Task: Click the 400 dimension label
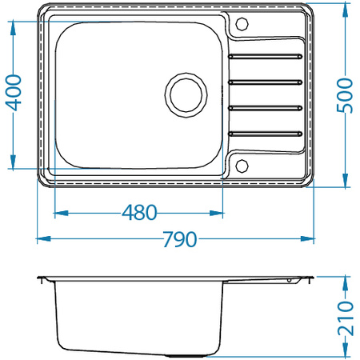pyautogui.click(x=14, y=93)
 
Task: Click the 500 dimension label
pyautogui.click(x=345, y=95)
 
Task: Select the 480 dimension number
pyautogui.click(x=139, y=213)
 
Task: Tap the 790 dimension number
pyautogui.click(x=180, y=239)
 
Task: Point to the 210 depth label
pyautogui.click(x=346, y=318)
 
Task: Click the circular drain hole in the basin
pyautogui.click(x=186, y=95)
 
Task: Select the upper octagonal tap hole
pyautogui.click(x=242, y=24)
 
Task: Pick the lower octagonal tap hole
pyautogui.click(x=242, y=166)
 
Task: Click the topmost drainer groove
pyautogui.click(x=265, y=56)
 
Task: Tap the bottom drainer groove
pyautogui.click(x=265, y=134)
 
